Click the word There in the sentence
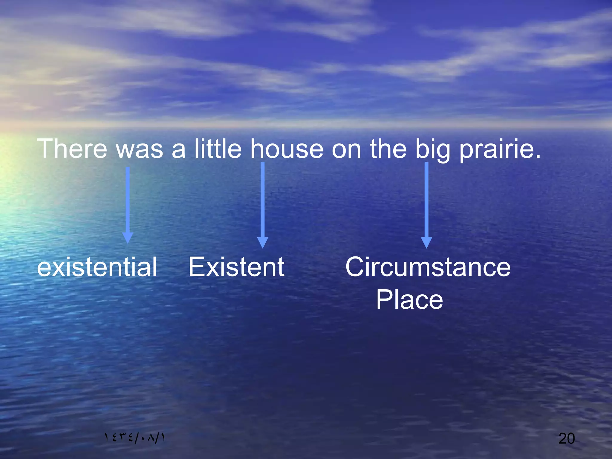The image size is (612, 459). tap(72, 149)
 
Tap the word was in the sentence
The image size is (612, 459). tap(139, 149)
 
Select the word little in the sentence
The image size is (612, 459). tap(218, 149)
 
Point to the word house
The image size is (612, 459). tap(287, 149)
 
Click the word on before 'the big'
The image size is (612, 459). tap(346, 149)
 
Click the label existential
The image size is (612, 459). tap(97, 267)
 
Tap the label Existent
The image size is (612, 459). tap(236, 267)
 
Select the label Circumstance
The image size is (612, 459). tap(428, 267)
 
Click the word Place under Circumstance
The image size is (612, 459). tap(409, 300)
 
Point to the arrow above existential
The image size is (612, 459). tap(128, 203)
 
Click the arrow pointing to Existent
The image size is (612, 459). tap(263, 203)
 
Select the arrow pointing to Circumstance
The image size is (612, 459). tap(426, 203)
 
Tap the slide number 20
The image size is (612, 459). tap(567, 438)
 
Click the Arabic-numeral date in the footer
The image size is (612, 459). tap(134, 438)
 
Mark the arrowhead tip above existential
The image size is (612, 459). tap(128, 241)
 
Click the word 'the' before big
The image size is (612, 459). tap(388, 149)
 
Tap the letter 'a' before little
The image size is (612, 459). tap(178, 149)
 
